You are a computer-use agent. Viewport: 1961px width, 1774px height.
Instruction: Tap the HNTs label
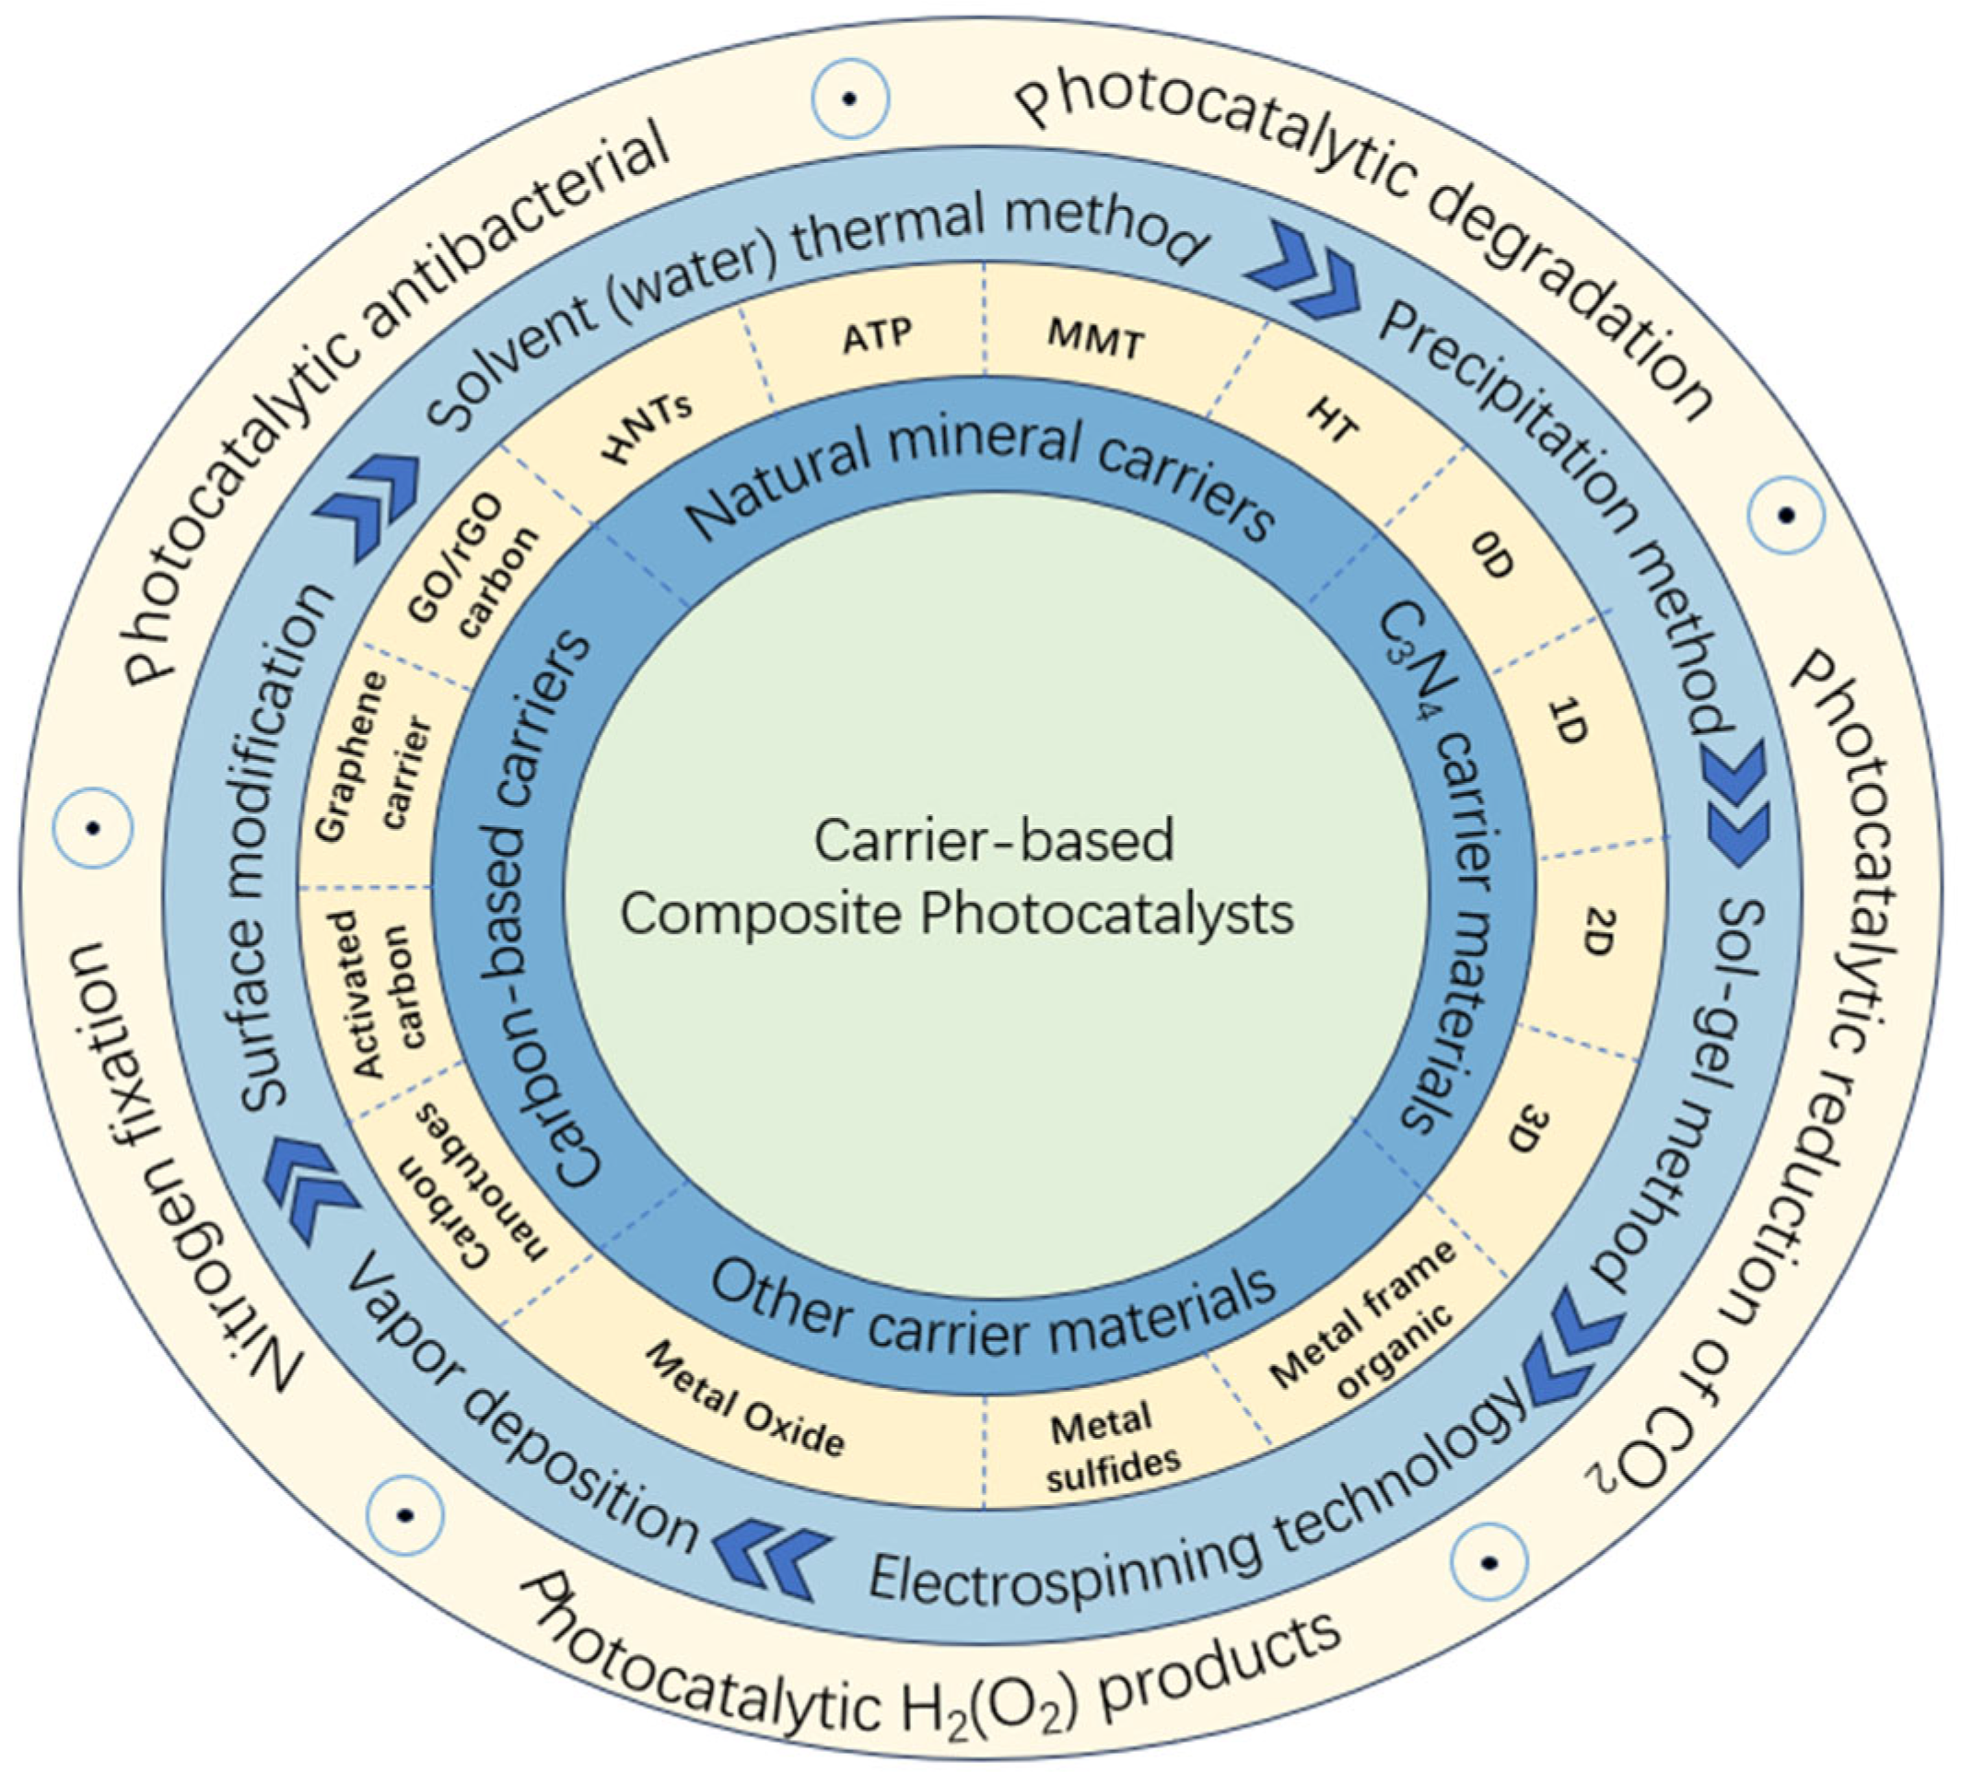648,429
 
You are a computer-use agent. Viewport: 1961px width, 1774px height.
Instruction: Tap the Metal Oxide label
745,1398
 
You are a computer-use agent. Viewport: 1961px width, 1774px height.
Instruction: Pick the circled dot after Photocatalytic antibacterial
850,99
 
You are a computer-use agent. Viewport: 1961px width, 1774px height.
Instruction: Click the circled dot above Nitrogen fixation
92,828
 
